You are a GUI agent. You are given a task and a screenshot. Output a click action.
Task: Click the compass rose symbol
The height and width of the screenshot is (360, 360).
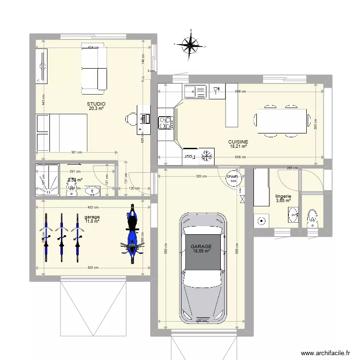[x=191, y=45]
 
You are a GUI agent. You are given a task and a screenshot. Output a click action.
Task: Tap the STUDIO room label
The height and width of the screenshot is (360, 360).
[x=96, y=104]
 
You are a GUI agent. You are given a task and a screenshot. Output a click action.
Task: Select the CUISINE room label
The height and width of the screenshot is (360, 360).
[x=238, y=142]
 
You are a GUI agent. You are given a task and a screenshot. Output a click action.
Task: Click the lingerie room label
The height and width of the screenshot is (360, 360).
[x=283, y=196]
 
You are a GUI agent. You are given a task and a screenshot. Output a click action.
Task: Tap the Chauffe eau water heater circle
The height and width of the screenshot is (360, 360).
[x=232, y=178]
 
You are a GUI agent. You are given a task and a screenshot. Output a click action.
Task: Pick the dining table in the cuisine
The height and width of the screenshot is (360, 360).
[x=282, y=121]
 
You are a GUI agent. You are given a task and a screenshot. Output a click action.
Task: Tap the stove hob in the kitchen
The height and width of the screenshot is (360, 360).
[x=165, y=123]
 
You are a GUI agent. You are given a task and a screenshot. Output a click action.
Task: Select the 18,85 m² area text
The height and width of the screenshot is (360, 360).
[x=202, y=251]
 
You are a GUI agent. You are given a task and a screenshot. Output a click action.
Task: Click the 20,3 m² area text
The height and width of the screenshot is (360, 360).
[x=96, y=109]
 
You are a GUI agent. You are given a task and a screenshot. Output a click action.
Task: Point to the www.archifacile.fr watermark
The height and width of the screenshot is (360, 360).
[x=325, y=353]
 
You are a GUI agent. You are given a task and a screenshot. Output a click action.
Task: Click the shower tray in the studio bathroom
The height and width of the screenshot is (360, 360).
[x=48, y=180]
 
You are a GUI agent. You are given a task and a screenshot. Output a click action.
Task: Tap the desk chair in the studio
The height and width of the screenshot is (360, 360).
[x=132, y=118]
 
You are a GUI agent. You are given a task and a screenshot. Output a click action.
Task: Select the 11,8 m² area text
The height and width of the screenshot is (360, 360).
[x=92, y=221]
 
